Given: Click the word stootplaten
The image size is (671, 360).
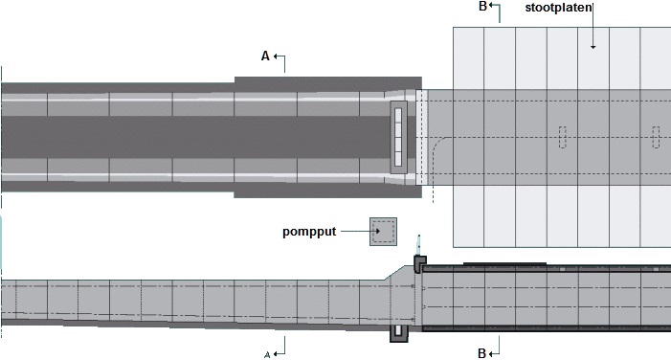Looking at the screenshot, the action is [558, 8].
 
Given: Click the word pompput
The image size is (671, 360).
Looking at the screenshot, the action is [309, 232].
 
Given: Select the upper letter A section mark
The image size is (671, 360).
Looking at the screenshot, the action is [265, 56].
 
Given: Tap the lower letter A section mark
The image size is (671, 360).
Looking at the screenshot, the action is [267, 354].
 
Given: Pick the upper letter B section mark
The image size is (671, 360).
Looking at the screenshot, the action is [482, 7].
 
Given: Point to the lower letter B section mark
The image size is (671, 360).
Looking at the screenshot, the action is [481, 353].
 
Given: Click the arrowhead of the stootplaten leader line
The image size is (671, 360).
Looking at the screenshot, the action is [593, 47].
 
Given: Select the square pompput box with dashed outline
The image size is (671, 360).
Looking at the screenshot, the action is [384, 232].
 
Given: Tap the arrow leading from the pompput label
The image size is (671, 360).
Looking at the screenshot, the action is [360, 231].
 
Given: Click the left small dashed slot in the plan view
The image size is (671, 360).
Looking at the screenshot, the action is [562, 138].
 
